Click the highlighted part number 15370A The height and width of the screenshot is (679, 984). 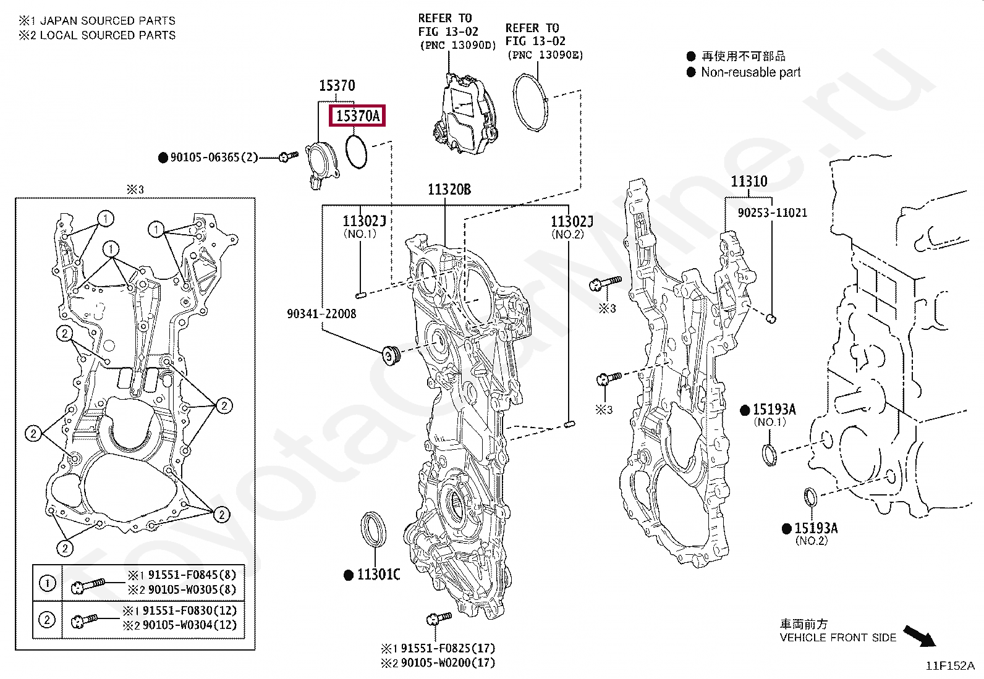tap(358, 116)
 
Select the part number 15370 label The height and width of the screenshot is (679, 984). tap(337, 86)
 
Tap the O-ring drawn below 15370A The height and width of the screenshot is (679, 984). tap(357, 152)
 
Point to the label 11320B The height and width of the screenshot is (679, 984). tap(449, 189)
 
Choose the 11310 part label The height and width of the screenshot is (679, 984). tap(749, 182)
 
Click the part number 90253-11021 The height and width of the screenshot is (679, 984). tap(772, 213)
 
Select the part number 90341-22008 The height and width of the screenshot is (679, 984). tap(321, 314)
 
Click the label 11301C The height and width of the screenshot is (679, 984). tap(378, 575)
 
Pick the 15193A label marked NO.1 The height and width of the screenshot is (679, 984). tap(773, 410)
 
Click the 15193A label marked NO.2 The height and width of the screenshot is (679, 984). tap(815, 528)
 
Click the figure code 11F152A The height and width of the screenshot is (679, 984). tap(949, 666)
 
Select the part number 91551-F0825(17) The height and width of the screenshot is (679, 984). tap(448, 648)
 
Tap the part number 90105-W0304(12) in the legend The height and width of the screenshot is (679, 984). tap(189, 625)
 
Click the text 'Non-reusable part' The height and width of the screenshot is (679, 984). tap(750, 72)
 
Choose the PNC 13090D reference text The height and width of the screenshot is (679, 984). tap(457, 46)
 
